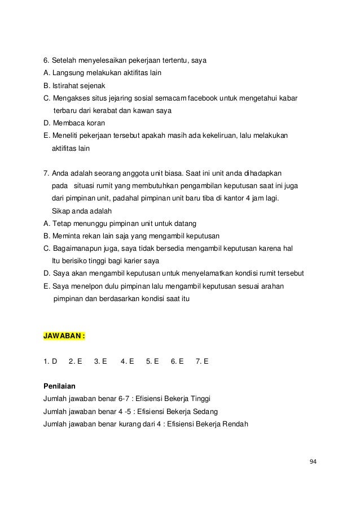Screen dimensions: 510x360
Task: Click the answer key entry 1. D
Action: (x=50, y=361)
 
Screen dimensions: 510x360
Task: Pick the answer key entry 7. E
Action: (x=202, y=361)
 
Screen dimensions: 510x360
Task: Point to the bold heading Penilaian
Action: (x=59, y=387)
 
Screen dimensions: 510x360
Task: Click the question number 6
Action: (x=46, y=60)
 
